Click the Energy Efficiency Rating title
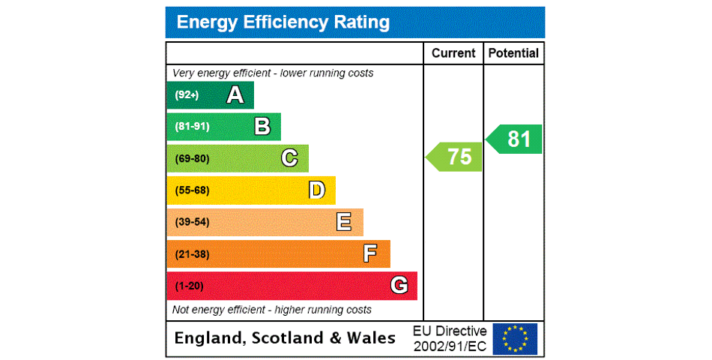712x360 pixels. coord(283,22)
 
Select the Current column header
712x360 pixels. coord(453,53)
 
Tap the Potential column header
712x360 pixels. coord(513,53)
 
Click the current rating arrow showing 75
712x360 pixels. coord(455,157)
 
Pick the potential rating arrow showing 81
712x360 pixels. coord(515,139)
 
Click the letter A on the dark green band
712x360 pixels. coord(235,95)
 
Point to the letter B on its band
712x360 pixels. coord(262,127)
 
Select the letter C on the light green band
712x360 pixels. coord(289,158)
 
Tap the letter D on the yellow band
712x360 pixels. coord(317,190)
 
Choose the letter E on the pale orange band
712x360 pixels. coord(344,222)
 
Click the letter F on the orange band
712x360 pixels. coord(370,253)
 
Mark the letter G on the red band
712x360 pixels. coord(399,286)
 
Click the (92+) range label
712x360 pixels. coord(187,95)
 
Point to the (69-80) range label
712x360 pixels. coord(192,159)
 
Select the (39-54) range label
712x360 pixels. coord(192,222)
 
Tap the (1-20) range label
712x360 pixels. coord(189,286)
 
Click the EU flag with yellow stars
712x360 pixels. coord(515,338)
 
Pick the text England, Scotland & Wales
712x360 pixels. coord(285,338)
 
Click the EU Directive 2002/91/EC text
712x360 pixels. coord(450,338)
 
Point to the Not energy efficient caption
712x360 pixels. coord(272,310)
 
